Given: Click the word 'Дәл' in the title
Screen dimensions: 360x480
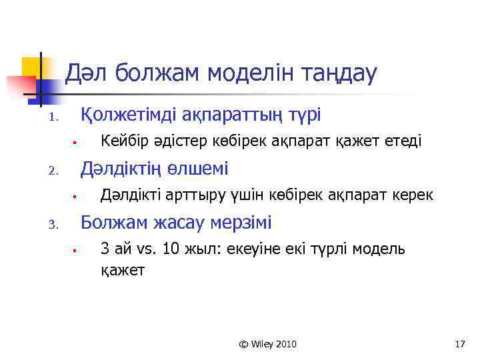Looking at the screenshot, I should pyautogui.click(x=87, y=73).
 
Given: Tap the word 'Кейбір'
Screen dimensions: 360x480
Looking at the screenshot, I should pyautogui.click(x=121, y=141).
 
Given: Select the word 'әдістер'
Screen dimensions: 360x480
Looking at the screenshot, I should pyautogui.click(x=173, y=141).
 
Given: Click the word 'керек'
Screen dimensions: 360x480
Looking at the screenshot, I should pyautogui.click(x=414, y=195).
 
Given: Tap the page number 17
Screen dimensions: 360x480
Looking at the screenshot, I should pyautogui.click(x=459, y=344).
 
